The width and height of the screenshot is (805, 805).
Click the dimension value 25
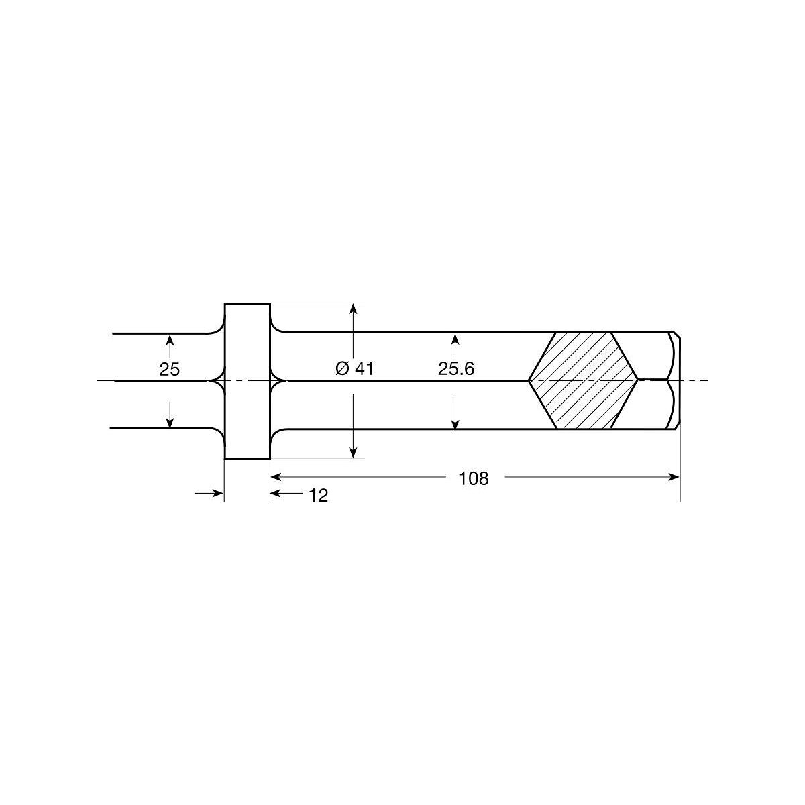coord(169,369)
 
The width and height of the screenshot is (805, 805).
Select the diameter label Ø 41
coord(355,369)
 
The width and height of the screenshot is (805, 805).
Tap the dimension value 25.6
coord(456,369)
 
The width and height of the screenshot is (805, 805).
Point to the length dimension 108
coord(474,479)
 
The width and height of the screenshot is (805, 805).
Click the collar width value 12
coord(319,496)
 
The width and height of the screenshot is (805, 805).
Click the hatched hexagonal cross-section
coord(583,381)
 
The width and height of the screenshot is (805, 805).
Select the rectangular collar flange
coord(248,381)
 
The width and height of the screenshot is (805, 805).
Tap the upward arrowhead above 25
coord(170,341)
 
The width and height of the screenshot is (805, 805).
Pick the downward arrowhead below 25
coord(170,421)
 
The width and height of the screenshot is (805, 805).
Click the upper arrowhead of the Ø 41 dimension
coord(354,311)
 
